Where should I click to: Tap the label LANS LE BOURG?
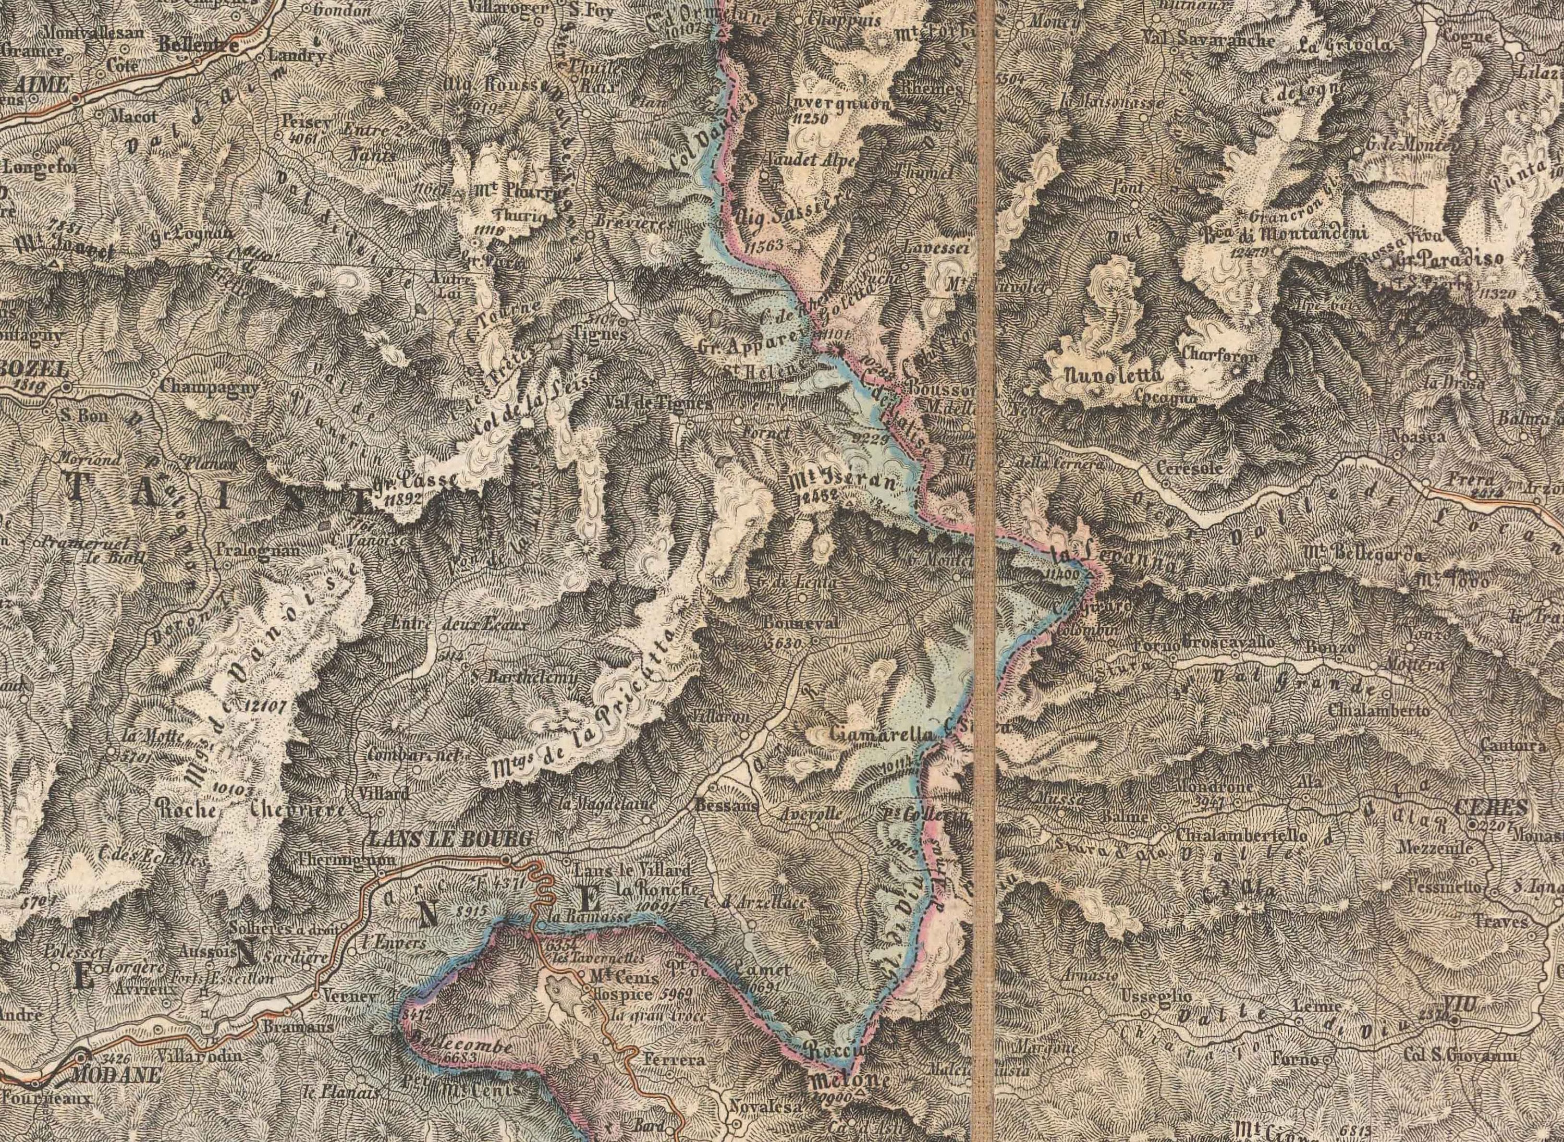coord(452,839)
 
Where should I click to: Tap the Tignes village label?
coord(600,334)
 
